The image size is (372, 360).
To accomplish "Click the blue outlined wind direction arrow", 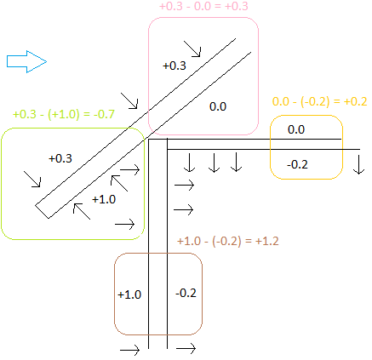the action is (x=26, y=61).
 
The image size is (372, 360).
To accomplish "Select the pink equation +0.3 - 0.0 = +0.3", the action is (x=203, y=6).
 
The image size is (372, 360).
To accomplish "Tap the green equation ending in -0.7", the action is (x=64, y=114).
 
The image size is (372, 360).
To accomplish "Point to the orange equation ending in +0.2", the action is (x=319, y=101).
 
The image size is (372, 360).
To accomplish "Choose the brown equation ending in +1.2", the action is (x=228, y=241).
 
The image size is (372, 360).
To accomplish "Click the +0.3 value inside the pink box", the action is (x=175, y=66).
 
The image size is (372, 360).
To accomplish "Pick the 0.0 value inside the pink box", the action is (x=218, y=106).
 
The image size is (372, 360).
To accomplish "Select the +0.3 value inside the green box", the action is (x=60, y=158).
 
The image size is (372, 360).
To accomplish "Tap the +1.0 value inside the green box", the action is (x=104, y=199).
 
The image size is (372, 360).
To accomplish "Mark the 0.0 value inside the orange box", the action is (x=296, y=129).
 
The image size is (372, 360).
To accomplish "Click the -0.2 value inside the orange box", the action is (x=297, y=164).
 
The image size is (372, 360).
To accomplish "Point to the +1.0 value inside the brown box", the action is (x=129, y=294).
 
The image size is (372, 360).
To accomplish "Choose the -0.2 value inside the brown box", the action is (x=186, y=293).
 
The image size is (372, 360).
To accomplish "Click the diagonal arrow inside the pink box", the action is (x=192, y=49).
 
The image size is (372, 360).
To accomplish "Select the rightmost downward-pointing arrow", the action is (x=359, y=164).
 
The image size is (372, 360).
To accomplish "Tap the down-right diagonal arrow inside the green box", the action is (x=32, y=179).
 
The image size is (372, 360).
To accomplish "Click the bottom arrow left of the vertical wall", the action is (x=130, y=350).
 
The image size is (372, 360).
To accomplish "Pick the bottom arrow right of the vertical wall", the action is (x=186, y=348).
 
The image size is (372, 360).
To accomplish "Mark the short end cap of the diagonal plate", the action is (x=42, y=212).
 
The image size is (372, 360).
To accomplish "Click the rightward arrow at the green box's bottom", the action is (x=124, y=224).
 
